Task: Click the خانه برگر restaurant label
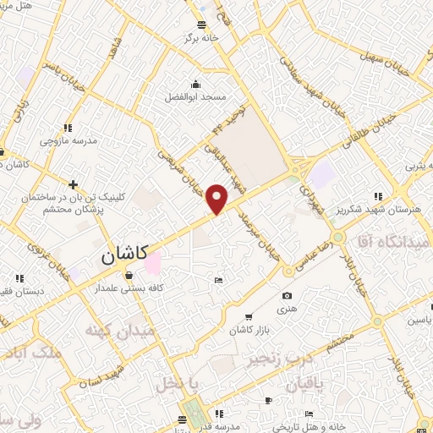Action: pyautogui.click(x=203, y=38)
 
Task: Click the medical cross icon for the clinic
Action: pyautogui.click(x=74, y=184)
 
